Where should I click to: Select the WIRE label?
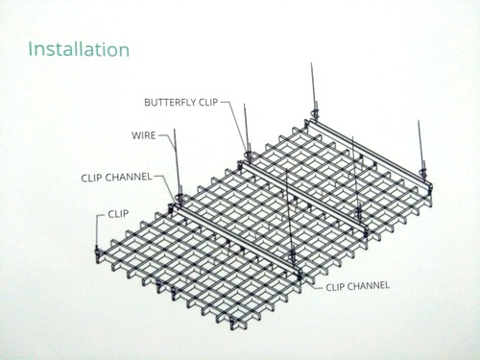pyautogui.click(x=144, y=135)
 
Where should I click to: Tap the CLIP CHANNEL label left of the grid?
pyautogui.click(x=118, y=178)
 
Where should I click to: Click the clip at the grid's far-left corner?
pyautogui.click(x=95, y=252)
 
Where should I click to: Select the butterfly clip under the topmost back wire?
pyautogui.click(x=311, y=117)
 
